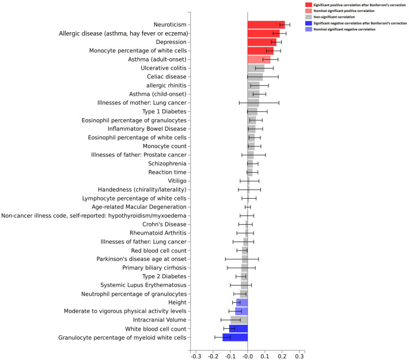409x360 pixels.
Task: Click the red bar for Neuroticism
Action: tap(266, 25)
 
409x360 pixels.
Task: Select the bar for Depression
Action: tap(262, 42)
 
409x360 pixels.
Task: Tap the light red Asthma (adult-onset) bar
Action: tap(259, 59)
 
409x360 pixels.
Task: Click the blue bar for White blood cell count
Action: tap(238, 328)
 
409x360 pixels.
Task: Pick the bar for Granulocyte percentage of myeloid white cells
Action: tap(235, 337)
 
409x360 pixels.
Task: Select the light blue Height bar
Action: tap(242, 302)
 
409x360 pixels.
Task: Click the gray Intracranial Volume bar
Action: tap(239, 320)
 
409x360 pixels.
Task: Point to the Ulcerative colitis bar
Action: tap(256, 68)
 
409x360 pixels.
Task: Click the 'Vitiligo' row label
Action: tap(177, 181)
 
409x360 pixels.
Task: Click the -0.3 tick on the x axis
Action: tap(196, 355)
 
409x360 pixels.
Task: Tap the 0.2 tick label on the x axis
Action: tap(282, 355)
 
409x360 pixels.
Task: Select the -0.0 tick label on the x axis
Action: tap(247, 355)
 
